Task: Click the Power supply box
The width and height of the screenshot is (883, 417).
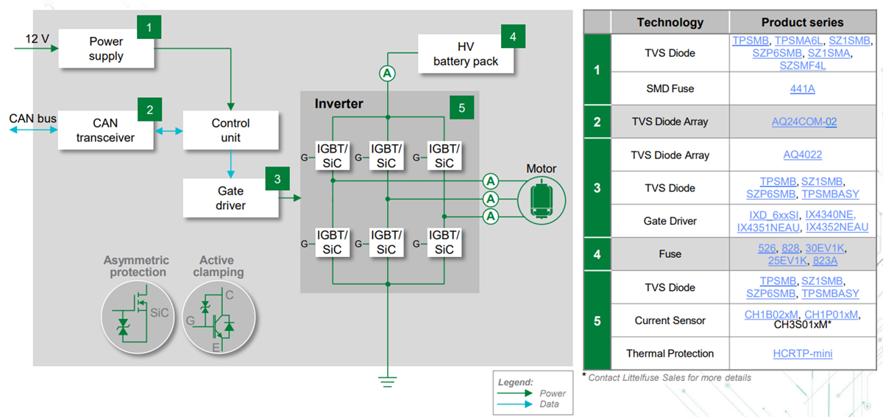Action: click(x=106, y=49)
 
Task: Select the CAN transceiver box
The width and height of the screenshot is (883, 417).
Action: click(x=106, y=130)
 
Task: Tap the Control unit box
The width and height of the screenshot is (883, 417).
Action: click(x=230, y=130)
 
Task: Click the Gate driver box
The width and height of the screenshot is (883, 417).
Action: click(x=230, y=198)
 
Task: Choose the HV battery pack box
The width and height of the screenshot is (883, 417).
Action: click(x=465, y=55)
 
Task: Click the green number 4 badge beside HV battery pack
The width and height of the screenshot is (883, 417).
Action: click(x=513, y=36)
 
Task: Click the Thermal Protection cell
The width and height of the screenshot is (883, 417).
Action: click(x=670, y=354)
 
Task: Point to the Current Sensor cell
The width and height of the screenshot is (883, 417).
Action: click(x=670, y=320)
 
